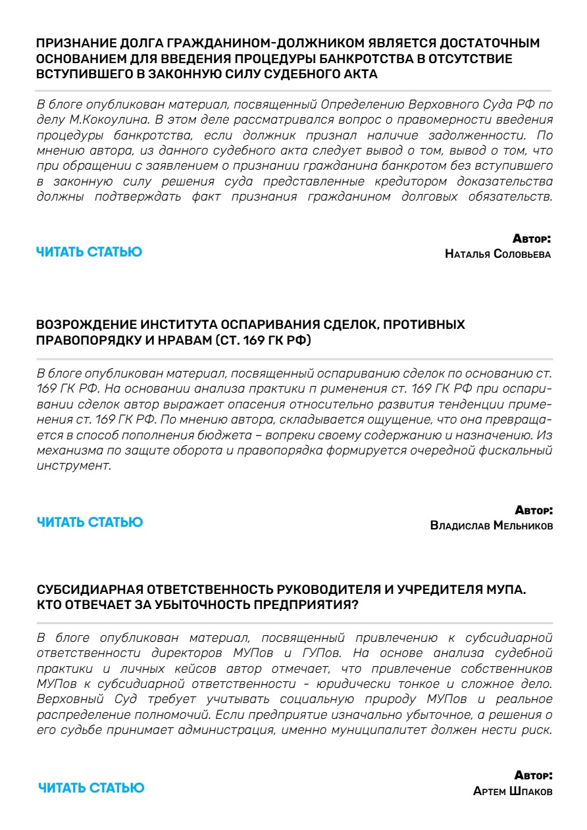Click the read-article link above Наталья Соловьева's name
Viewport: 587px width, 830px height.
89,252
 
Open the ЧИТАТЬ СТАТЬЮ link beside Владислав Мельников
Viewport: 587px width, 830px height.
89,523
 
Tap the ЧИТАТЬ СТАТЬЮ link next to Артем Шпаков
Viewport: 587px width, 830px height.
91,788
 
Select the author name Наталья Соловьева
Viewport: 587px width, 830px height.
498,254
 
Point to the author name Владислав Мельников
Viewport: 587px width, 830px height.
491,525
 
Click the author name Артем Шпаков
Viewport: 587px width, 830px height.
513,791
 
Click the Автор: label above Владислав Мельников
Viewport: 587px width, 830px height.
533,510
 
